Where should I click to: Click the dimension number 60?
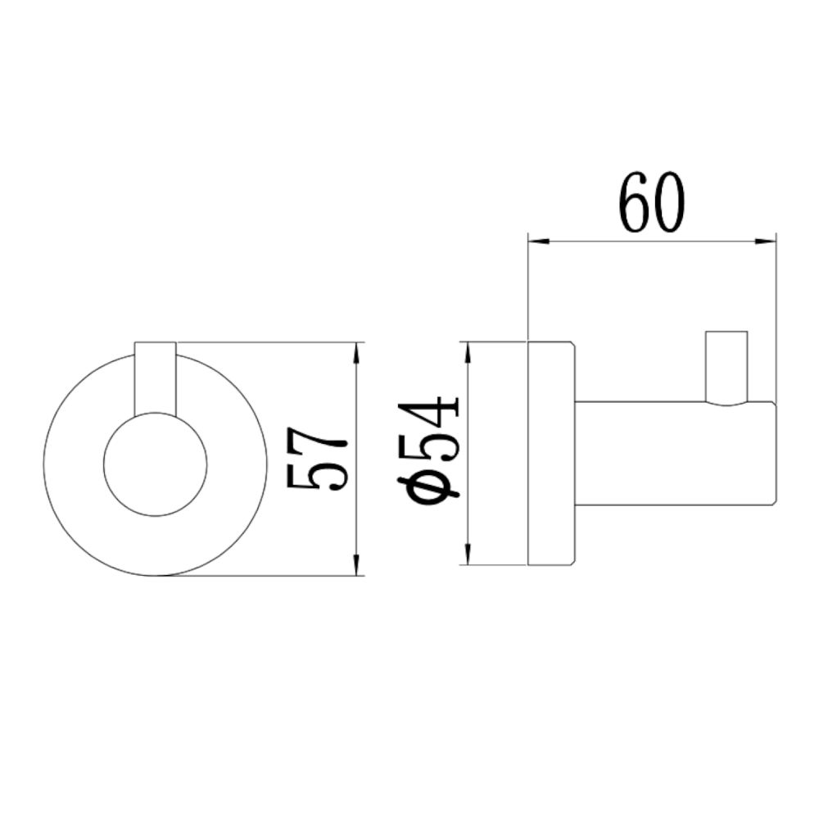(x=651, y=202)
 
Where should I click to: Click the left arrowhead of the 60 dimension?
(x=536, y=242)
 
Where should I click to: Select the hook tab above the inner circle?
(x=155, y=377)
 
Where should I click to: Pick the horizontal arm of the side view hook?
(x=672, y=453)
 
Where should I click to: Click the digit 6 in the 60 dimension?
(x=635, y=202)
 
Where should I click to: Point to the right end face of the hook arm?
(x=775, y=453)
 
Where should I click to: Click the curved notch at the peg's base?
(x=726, y=404)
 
